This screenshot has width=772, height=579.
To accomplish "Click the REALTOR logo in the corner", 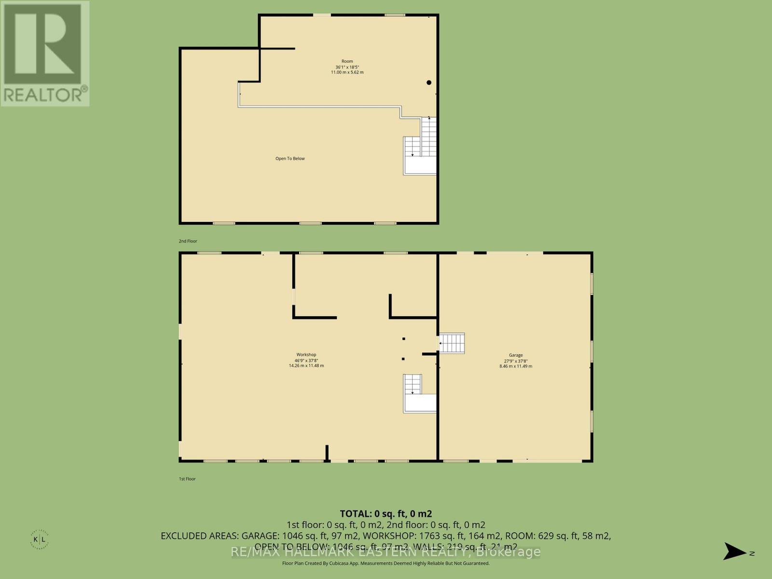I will (45, 53).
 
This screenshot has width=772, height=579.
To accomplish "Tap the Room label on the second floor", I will (347, 61).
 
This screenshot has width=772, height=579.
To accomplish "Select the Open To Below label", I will (290, 159).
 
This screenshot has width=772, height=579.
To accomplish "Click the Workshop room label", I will (306, 355).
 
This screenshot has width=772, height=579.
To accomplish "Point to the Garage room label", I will (515, 355).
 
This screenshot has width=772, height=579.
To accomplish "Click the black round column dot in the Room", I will (428, 83).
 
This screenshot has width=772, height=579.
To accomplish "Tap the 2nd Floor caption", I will (188, 241).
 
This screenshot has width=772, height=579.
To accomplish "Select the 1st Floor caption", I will (187, 479).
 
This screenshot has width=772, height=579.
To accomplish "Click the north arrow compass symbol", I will (735, 551).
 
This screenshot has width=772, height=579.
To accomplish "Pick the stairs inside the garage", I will (452, 343).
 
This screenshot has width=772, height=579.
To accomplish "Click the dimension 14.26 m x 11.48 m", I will (306, 366).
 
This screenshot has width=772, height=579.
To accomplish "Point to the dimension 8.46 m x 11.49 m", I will (515, 366).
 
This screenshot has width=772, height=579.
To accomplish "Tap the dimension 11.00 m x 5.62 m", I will (347, 72).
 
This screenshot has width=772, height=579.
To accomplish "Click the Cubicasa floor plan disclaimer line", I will (386, 564).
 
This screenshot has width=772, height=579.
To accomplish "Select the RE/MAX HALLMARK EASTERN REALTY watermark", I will (386, 552).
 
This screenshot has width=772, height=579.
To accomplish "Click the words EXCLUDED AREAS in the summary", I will (199, 536).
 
